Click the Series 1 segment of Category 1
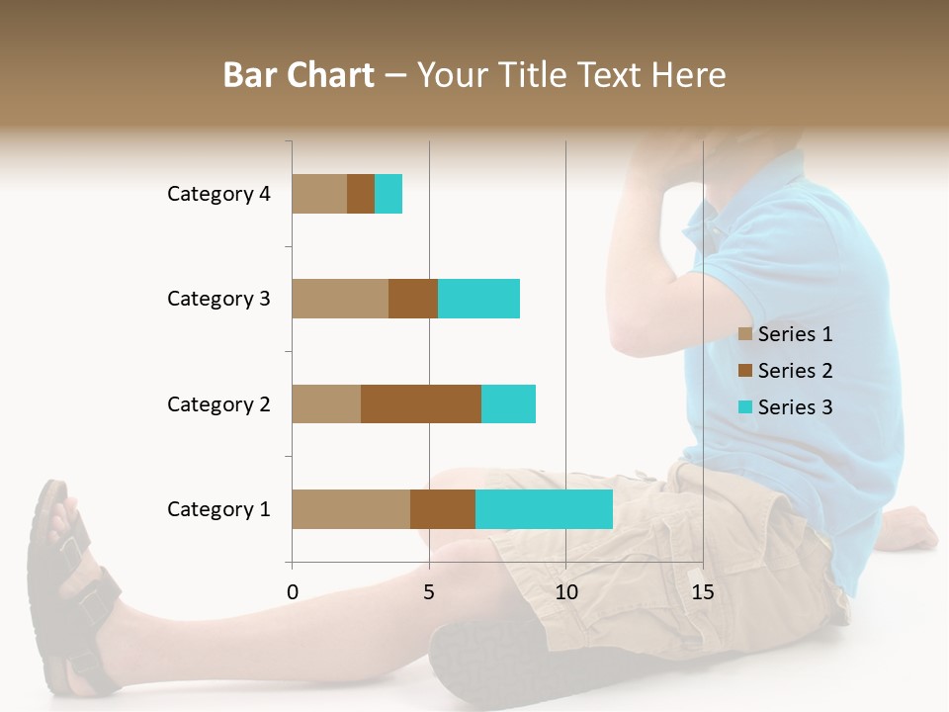[x=351, y=509]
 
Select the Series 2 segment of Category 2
[x=421, y=403]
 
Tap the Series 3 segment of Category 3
[x=478, y=299]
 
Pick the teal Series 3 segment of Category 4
[x=388, y=194]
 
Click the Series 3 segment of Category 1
[x=544, y=509]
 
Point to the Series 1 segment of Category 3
[x=340, y=299]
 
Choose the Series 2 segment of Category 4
[x=361, y=194]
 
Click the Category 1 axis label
[x=218, y=509]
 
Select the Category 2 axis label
[x=218, y=403]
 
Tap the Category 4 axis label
[x=218, y=194]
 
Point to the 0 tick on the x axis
[x=293, y=592]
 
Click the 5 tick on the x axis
[x=429, y=592]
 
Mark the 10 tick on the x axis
[x=565, y=592]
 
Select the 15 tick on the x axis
[x=703, y=592]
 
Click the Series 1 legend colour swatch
[x=745, y=334]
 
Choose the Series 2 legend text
[x=795, y=371]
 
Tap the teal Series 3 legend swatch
[x=745, y=407]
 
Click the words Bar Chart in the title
[x=299, y=75]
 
